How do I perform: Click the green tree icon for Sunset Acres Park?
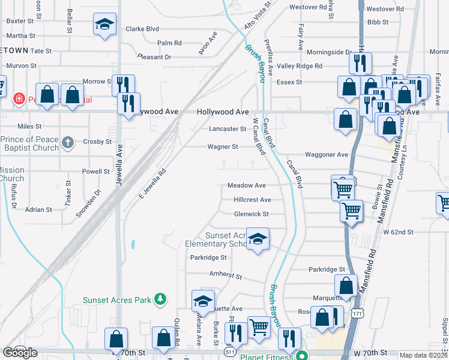point(160,299)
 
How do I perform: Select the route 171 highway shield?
point(358,330)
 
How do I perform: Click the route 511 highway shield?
point(229,352)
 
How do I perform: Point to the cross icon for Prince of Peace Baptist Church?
point(68,142)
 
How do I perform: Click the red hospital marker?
point(19,98)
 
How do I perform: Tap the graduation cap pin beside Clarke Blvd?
point(104,25)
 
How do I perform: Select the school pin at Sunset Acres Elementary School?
point(258,240)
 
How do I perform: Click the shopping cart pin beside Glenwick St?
point(351,211)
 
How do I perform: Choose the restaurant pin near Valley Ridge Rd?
point(360,62)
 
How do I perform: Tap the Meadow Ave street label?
point(246,186)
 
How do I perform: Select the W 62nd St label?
point(399,232)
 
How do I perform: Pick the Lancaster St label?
point(228,129)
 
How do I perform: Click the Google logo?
point(20,353)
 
